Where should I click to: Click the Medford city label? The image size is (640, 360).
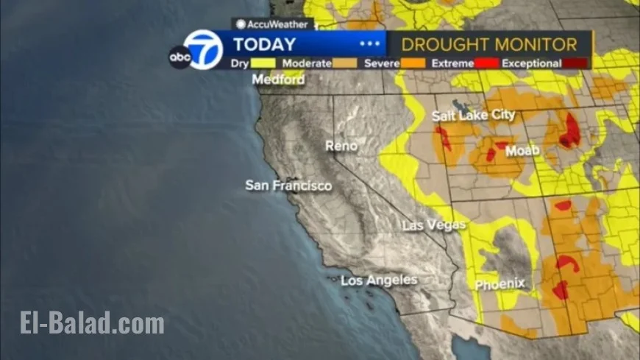coord(279,80)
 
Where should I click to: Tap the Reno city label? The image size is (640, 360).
coord(341,147)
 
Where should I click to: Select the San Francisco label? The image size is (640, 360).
coord(288,186)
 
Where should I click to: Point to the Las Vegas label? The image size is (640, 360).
coord(434,225)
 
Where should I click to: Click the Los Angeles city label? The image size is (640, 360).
coord(379,280)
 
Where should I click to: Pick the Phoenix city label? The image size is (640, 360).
coord(500,283)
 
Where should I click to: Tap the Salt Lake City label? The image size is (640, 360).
coord(474,116)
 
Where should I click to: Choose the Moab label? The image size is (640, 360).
coord(523,151)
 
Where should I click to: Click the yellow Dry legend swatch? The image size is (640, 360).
coord(263,63)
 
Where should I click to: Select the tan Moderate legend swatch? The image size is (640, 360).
coord(345,63)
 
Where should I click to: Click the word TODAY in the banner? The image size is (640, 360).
coord(264,44)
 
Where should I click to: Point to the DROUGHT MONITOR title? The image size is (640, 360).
coord(489,44)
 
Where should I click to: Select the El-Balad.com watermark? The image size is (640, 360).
coord(92,323)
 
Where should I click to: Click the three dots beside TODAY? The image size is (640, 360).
coord(370,44)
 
